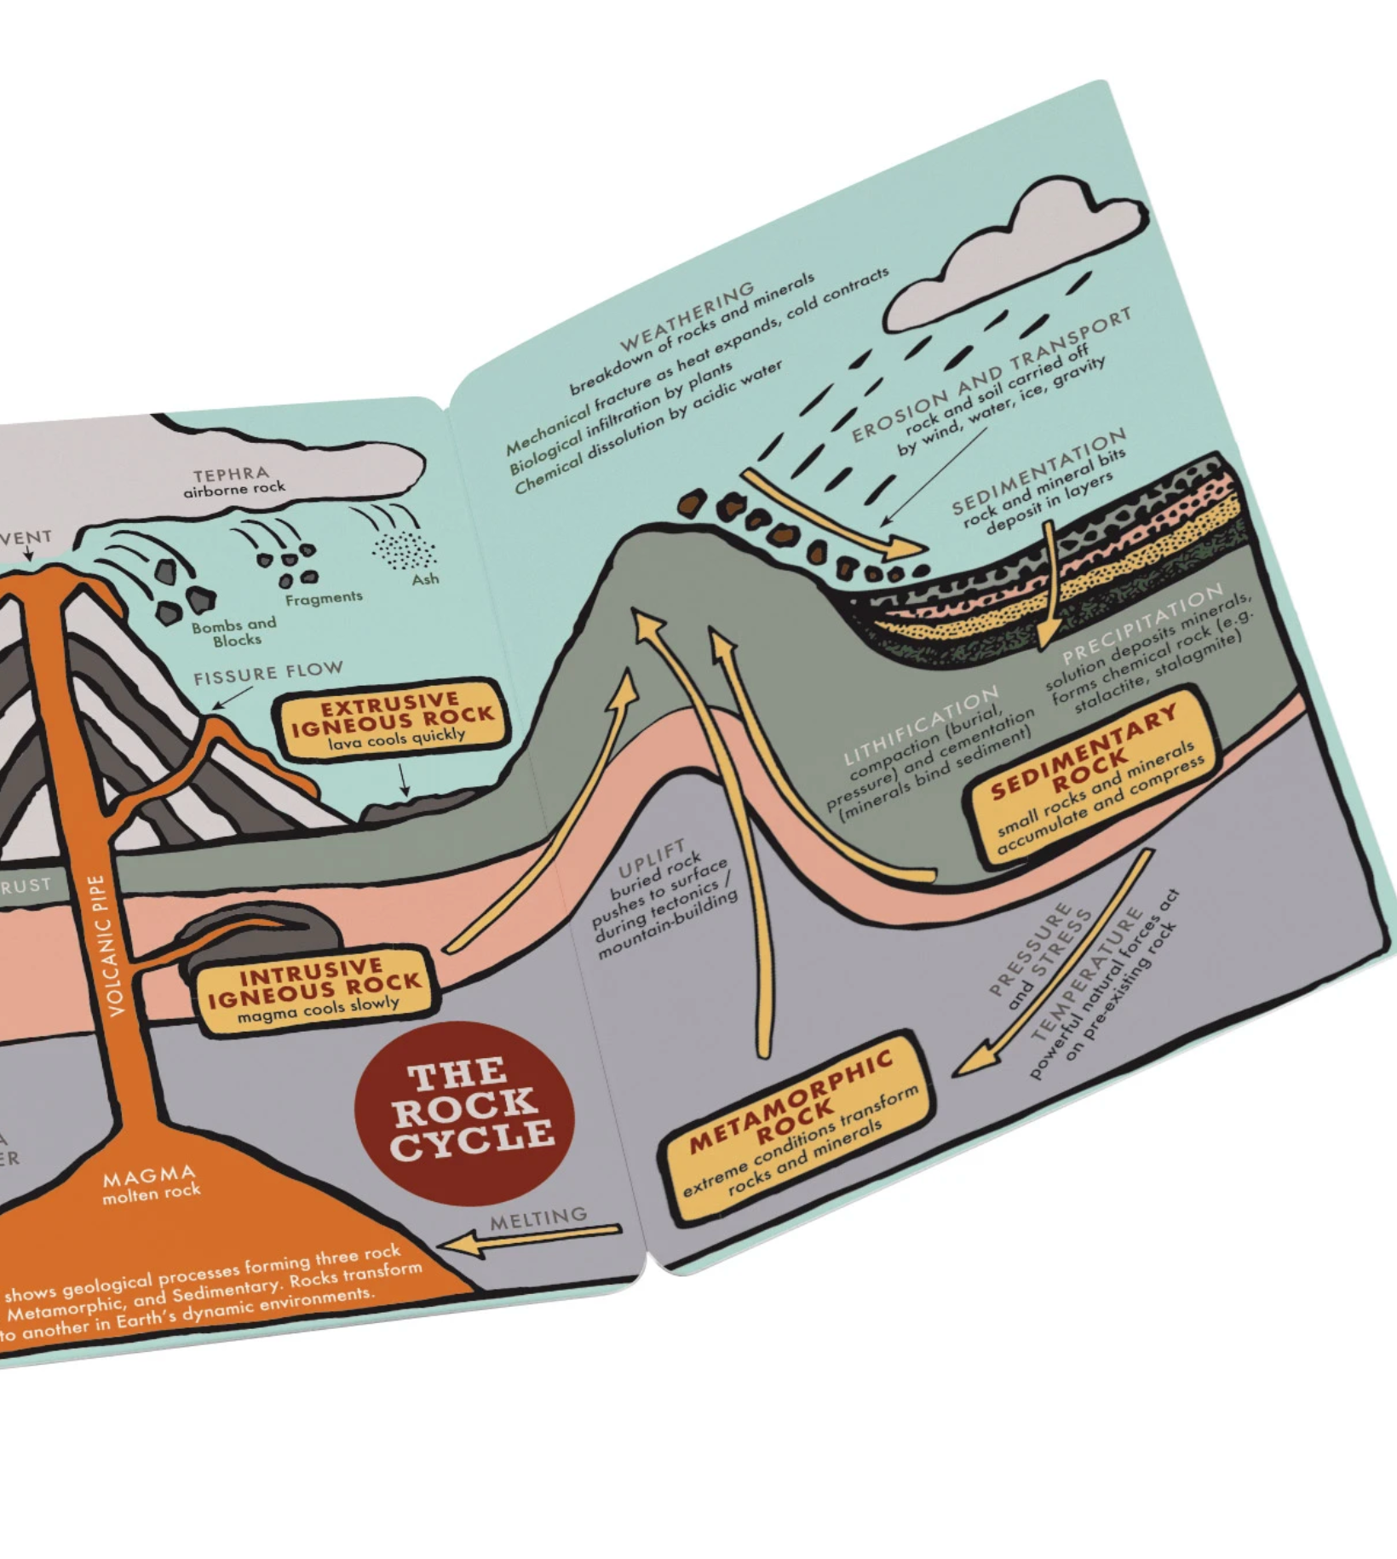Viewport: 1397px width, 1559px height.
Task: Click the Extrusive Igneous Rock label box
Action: click(393, 720)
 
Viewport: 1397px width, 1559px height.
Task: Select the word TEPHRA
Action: click(231, 474)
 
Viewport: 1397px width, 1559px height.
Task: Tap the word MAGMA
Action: click(149, 1176)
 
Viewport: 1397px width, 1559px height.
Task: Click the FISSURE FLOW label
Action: click(267, 673)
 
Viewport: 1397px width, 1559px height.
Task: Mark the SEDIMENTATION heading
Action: click(1038, 471)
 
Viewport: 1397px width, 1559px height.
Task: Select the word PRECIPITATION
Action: click(1141, 623)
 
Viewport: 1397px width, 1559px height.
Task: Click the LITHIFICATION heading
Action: click(920, 727)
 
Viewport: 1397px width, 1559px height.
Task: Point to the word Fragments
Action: click(324, 598)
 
